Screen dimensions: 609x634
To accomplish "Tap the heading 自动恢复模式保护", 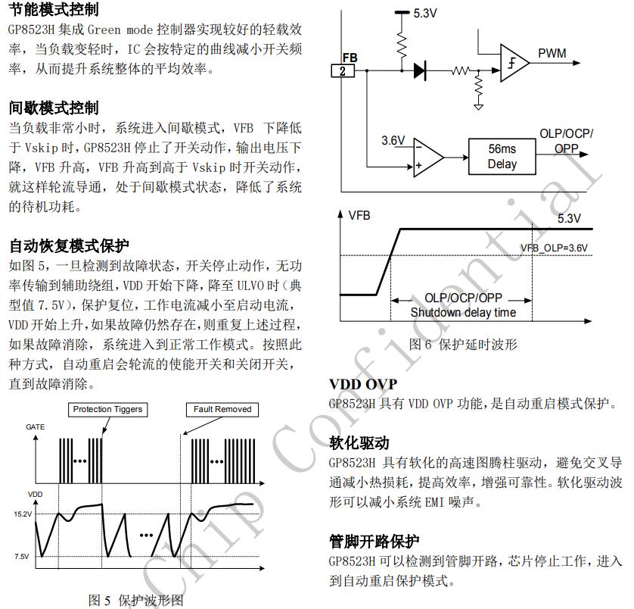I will coord(69,246).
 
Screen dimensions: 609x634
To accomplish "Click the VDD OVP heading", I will coord(362,385).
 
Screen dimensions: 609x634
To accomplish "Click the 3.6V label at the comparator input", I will coord(393,141).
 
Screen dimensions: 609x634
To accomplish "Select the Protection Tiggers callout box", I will coord(107,409).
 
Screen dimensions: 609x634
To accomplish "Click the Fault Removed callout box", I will coord(222,409).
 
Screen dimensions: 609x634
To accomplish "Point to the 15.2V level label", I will coord(21,514).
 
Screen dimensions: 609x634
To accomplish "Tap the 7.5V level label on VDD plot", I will coord(21,557).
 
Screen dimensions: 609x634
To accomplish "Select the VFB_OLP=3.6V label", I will coord(554,248).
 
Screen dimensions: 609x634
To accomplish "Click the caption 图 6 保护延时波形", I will coord(463,344).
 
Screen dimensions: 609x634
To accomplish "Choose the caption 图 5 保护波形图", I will coord(136,600).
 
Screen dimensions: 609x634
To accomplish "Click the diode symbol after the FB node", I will coord(420,71).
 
